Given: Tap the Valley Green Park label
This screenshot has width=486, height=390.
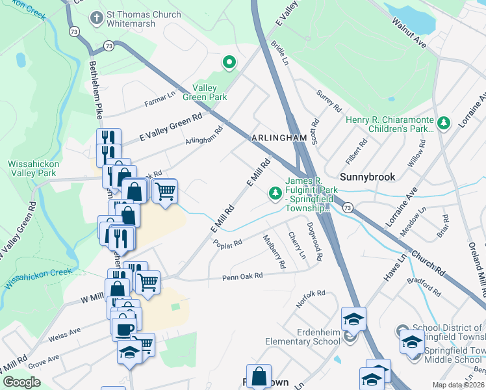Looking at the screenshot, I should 210,92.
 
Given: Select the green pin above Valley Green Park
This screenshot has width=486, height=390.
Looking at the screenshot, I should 229,63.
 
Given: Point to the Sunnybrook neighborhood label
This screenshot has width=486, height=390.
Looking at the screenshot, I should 368,176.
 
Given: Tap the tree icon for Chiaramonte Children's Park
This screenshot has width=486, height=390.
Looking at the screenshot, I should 444,122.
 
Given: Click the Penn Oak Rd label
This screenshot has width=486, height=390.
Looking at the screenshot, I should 242,276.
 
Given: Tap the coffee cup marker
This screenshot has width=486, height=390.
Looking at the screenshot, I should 123,328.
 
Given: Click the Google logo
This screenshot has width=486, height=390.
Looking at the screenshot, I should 22,382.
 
